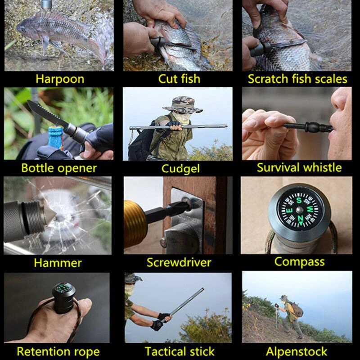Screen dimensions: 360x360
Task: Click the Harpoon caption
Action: [60, 79]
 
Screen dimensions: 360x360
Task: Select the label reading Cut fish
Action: [179, 79]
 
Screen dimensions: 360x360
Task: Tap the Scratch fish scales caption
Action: [297, 79]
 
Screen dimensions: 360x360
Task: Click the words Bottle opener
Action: [59, 168]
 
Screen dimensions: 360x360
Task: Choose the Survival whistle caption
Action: [299, 168]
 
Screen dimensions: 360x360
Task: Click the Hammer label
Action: [58, 262]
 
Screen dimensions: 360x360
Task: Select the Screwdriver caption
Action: [179, 262]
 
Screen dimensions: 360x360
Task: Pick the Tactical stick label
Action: [180, 351]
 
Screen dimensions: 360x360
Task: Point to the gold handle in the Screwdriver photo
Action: [135, 223]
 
